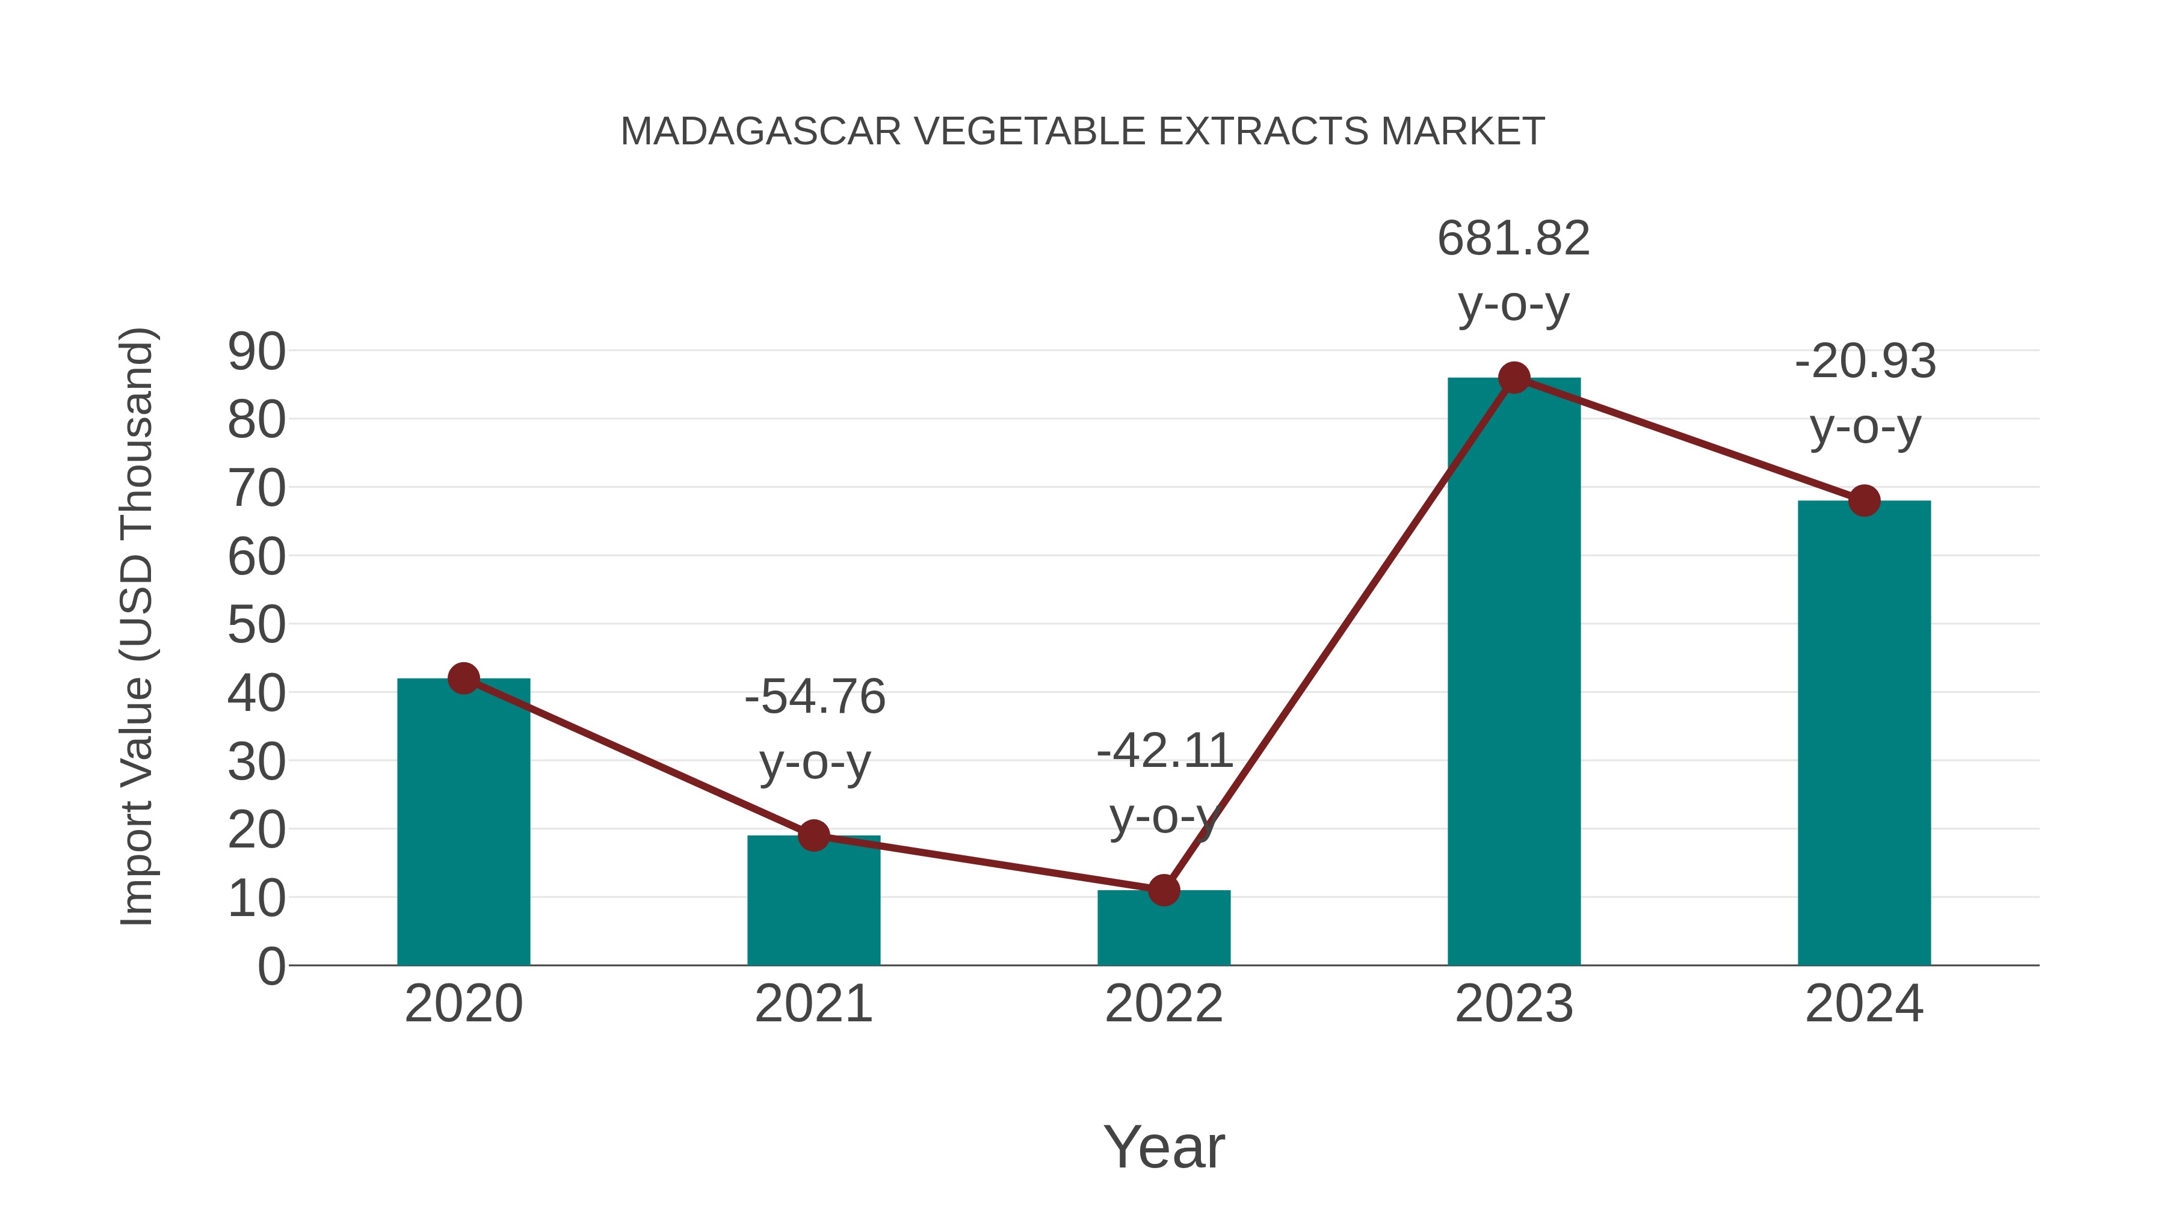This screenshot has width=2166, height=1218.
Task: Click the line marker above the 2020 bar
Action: click(x=463, y=678)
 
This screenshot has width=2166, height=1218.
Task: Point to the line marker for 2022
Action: click(x=1164, y=890)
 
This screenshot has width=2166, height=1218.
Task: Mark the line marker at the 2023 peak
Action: click(x=1514, y=378)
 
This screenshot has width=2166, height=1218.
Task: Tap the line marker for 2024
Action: click(x=1864, y=501)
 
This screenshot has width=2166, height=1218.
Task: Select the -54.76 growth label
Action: click(x=815, y=697)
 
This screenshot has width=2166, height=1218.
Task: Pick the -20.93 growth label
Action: click(x=1865, y=361)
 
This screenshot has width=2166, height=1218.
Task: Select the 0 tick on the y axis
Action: click(x=271, y=966)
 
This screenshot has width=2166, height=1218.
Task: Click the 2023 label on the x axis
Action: click(x=1514, y=1004)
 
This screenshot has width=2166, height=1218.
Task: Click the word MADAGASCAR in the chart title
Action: click(x=760, y=132)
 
